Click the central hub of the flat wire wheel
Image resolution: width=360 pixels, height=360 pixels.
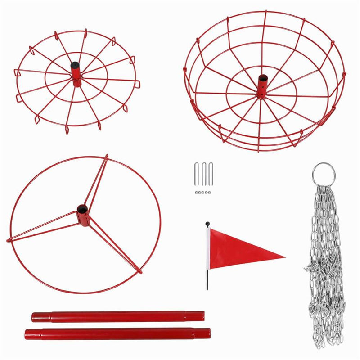(76, 73)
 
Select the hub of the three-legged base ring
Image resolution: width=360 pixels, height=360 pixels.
(83, 214)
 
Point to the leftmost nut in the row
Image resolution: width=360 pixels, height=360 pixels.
(197, 192)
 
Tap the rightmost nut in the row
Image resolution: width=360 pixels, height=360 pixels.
(209, 192)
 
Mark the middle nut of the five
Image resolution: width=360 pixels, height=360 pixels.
(203, 192)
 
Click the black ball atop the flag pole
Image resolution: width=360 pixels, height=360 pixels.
(207, 224)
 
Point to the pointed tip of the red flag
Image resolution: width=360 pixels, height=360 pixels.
(283, 257)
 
